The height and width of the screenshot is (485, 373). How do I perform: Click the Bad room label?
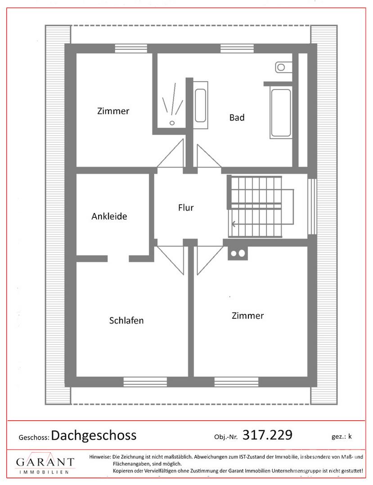tap(237, 118)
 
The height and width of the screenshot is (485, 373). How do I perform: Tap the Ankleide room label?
tap(109, 216)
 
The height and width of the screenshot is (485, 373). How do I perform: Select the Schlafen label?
tap(126, 321)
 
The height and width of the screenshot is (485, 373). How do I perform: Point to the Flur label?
tap(186, 207)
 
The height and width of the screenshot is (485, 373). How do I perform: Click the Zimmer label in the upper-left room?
tap(113, 111)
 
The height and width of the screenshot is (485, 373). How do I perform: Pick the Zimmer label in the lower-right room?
tap(247, 316)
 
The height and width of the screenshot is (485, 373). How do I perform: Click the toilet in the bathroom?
tap(283, 67)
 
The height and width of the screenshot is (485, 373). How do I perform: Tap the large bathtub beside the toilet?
tap(281, 113)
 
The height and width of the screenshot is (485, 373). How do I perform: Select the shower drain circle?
tap(172, 123)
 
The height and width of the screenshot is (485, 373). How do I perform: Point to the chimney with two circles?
tap(238, 253)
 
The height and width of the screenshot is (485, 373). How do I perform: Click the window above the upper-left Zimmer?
tap(131, 48)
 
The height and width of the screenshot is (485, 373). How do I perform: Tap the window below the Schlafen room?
tap(145, 382)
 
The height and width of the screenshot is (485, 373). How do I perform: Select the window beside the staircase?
tap(312, 206)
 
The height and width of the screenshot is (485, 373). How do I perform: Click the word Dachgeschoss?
tap(94, 435)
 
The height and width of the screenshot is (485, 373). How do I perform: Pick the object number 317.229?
tap(267, 435)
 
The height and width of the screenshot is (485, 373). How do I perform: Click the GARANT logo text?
tap(45, 462)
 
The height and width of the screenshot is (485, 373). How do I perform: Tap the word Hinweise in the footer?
tap(100, 457)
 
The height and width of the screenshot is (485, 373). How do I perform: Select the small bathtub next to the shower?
tap(200, 106)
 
